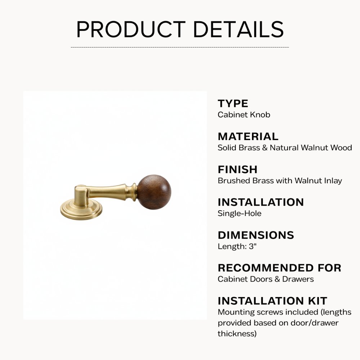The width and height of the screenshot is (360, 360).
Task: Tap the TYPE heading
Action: coord(233,104)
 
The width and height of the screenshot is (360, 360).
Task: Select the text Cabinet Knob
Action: coord(244,115)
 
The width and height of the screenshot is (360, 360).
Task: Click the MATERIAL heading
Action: coord(248,136)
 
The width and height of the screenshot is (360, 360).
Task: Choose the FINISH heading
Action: coord(238,169)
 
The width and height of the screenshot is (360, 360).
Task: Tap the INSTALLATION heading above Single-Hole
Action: coord(261,202)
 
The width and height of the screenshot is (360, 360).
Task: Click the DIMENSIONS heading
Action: coord(256,235)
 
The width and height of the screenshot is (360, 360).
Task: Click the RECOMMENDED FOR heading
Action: coord(279,268)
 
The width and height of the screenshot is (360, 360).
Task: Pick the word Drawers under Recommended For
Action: coord(298,279)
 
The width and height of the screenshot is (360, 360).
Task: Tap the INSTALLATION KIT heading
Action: coord(272,301)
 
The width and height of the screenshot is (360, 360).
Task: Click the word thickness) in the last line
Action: coord(237,334)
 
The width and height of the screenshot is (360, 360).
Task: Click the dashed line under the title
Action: coord(180,47)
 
